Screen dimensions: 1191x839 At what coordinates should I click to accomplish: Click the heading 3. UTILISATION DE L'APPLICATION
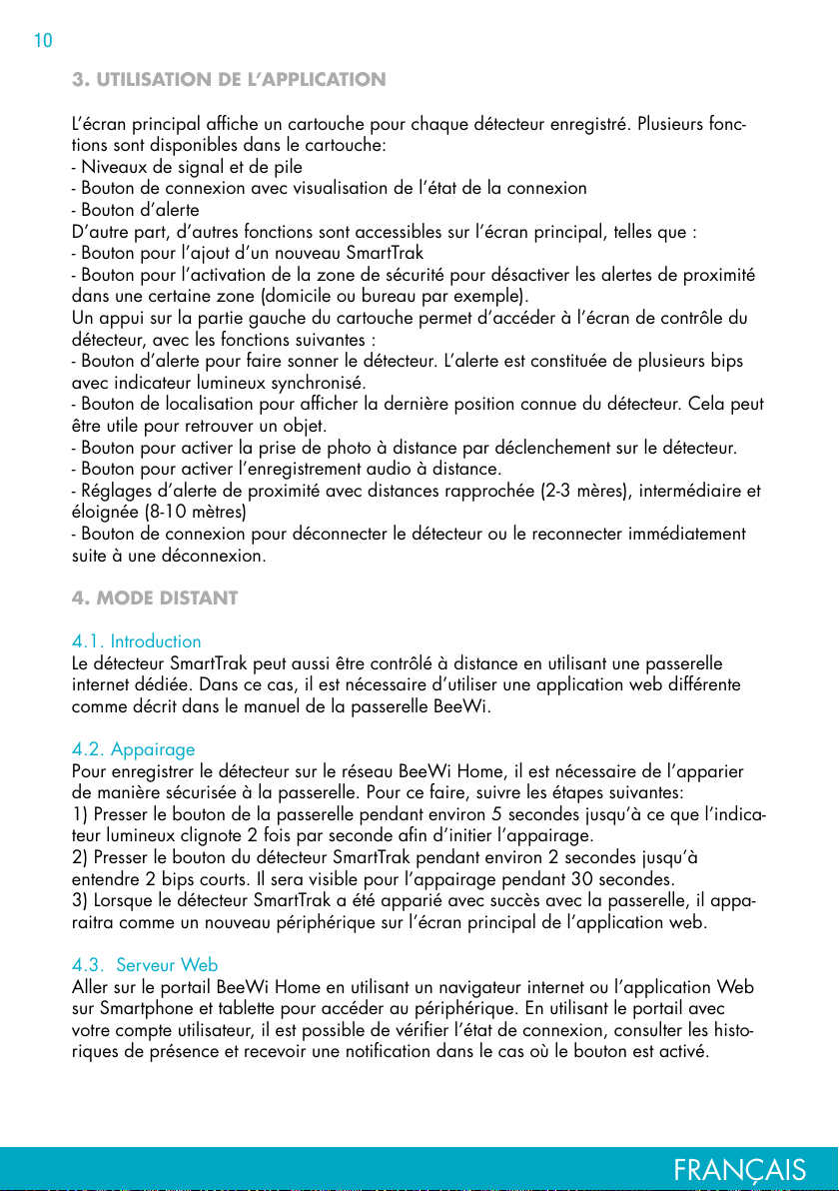point(229,79)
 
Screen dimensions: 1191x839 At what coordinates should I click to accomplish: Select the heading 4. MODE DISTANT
point(155,598)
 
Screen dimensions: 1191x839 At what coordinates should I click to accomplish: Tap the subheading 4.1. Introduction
point(137,640)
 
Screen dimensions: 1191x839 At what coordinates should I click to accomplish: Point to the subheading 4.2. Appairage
point(134,749)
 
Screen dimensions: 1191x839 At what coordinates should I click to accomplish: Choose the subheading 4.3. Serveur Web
point(146,965)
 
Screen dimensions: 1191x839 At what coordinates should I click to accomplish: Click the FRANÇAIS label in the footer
point(740,1170)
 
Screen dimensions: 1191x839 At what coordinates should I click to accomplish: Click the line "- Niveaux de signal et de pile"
point(187,167)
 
